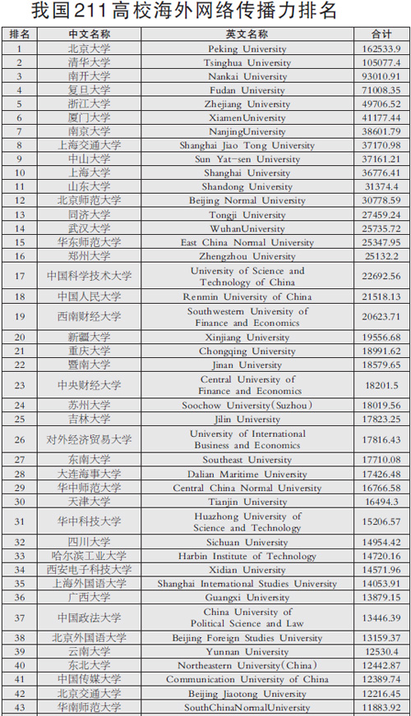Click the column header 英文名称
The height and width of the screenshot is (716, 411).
click(x=247, y=34)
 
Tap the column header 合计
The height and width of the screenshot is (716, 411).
click(x=381, y=34)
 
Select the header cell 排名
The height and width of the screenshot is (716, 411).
click(x=20, y=34)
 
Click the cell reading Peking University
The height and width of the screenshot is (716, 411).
click(x=247, y=49)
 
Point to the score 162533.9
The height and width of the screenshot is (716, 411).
click(x=381, y=49)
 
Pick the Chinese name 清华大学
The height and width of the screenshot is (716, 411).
click(x=89, y=62)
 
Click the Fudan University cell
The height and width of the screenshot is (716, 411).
click(x=247, y=90)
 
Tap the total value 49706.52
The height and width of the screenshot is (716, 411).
click(x=381, y=104)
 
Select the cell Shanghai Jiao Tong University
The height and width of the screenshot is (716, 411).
click(x=247, y=145)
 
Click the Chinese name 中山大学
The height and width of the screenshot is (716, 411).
click(x=89, y=159)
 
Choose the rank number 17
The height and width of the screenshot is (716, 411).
click(x=20, y=276)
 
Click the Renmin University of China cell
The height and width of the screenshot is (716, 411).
click(x=247, y=296)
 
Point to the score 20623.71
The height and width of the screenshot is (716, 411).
click(x=381, y=317)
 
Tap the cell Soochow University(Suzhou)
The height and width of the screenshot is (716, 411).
click(x=247, y=406)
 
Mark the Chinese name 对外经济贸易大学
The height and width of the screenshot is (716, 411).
click(x=89, y=440)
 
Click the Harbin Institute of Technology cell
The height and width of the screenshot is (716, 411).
click(x=247, y=556)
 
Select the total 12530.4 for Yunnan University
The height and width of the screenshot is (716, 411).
click(x=381, y=652)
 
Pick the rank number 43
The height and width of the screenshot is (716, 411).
click(x=20, y=707)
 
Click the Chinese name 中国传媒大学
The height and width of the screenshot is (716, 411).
click(x=89, y=679)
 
